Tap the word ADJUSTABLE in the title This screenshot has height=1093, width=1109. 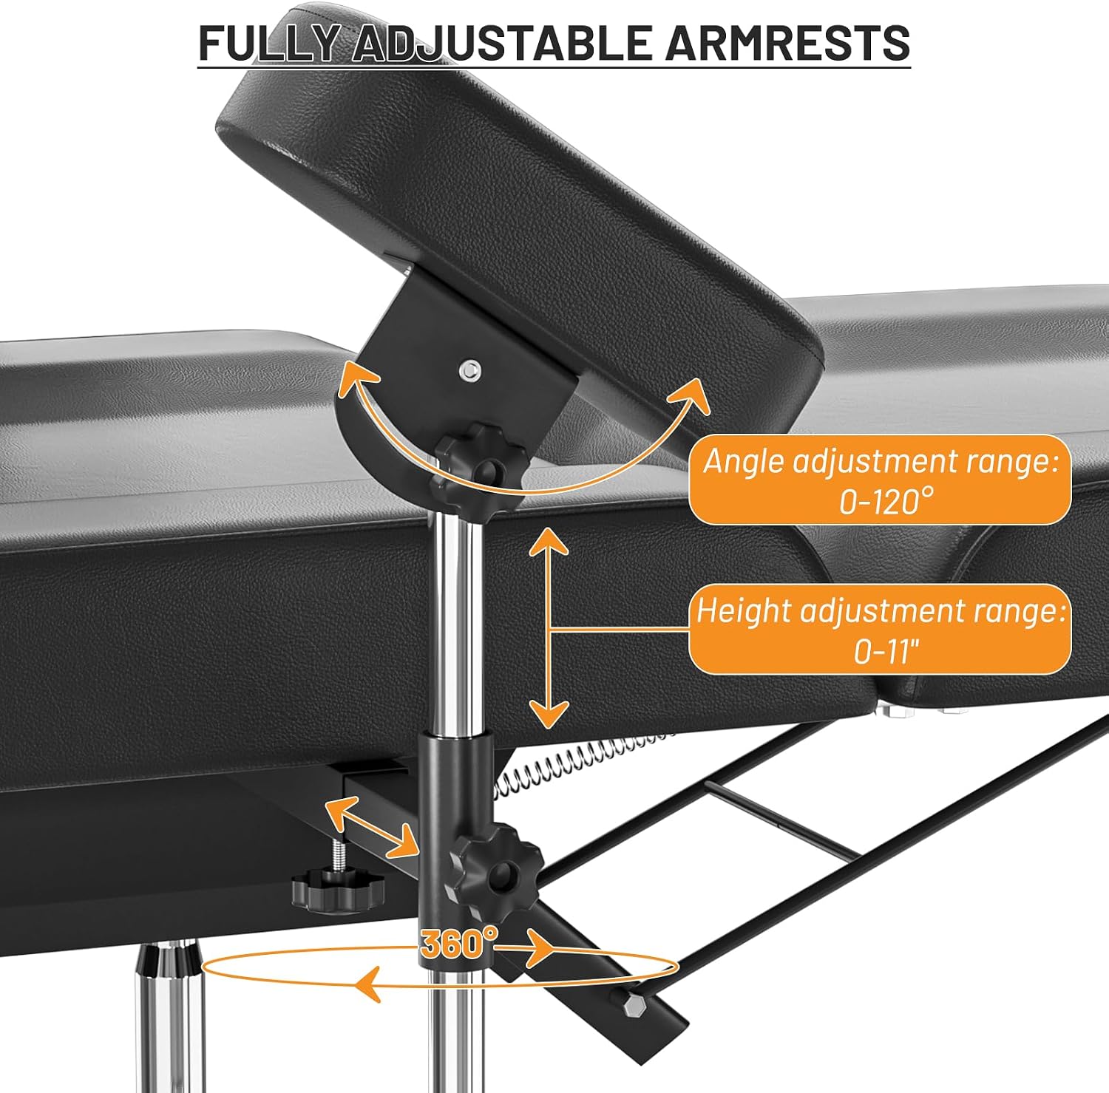502,43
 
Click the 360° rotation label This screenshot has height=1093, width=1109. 459,942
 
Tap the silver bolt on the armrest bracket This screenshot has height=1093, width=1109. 468,370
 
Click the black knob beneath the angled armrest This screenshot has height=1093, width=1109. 482,462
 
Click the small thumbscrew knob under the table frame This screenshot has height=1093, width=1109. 338,883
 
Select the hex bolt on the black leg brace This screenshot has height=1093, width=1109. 635,1007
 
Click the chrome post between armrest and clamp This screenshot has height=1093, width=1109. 456,621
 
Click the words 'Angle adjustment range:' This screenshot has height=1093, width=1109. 881,463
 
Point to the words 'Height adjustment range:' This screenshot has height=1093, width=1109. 881,612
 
